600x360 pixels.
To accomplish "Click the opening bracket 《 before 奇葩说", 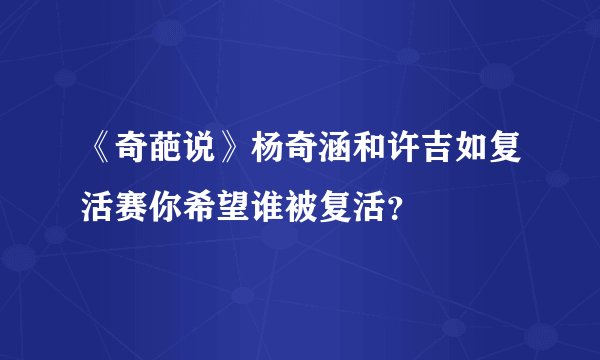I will click(x=101, y=156).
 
